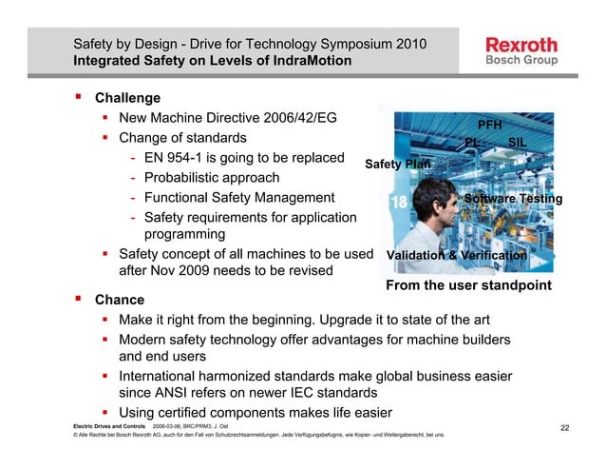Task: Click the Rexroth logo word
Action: (x=521, y=45)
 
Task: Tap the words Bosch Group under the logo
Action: (x=521, y=61)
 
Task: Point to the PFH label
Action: (x=489, y=125)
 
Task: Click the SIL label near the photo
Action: (x=517, y=143)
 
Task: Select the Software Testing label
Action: (x=513, y=199)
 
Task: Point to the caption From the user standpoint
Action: (x=468, y=284)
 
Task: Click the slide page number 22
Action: (x=564, y=427)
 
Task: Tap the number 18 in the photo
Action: (x=399, y=202)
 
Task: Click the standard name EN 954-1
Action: (x=179, y=158)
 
